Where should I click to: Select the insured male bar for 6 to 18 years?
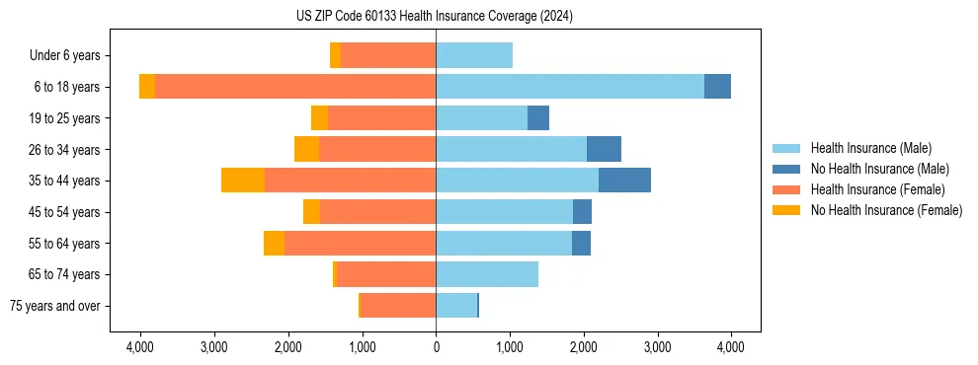click(570, 87)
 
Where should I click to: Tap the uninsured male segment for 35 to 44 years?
click(624, 181)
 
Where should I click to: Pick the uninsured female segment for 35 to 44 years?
click(243, 181)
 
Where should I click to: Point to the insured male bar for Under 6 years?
click(474, 55)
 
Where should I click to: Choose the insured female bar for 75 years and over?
click(398, 306)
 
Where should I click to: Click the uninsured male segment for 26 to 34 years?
click(604, 149)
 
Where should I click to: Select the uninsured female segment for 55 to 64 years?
click(274, 243)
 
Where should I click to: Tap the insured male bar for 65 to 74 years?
click(487, 274)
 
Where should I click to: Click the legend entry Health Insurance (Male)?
click(870, 148)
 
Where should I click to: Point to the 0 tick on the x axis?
click(436, 347)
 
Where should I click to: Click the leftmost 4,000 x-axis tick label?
click(140, 347)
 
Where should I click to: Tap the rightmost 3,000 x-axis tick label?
click(657, 347)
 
